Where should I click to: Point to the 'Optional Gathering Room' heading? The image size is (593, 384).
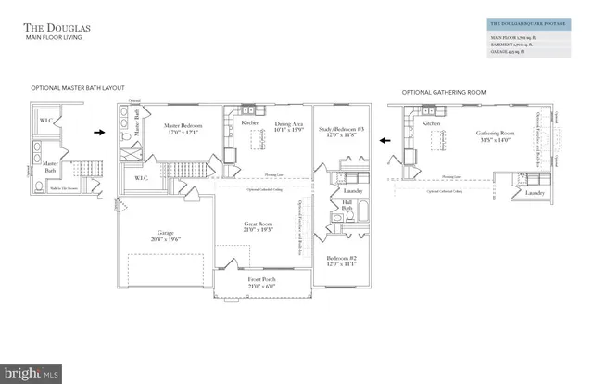click(x=443, y=93)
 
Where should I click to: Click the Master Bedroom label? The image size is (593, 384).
click(x=183, y=127)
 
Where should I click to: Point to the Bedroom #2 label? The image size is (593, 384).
click(x=342, y=259)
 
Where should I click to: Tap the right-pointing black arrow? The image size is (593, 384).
click(x=99, y=133)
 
